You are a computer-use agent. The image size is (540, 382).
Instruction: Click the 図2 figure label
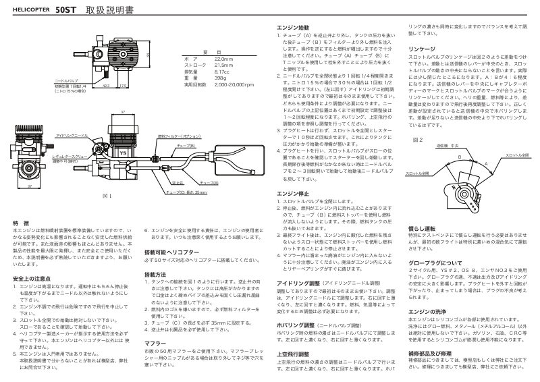(417, 140)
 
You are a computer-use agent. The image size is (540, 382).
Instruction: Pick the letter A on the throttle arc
(486, 163)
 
